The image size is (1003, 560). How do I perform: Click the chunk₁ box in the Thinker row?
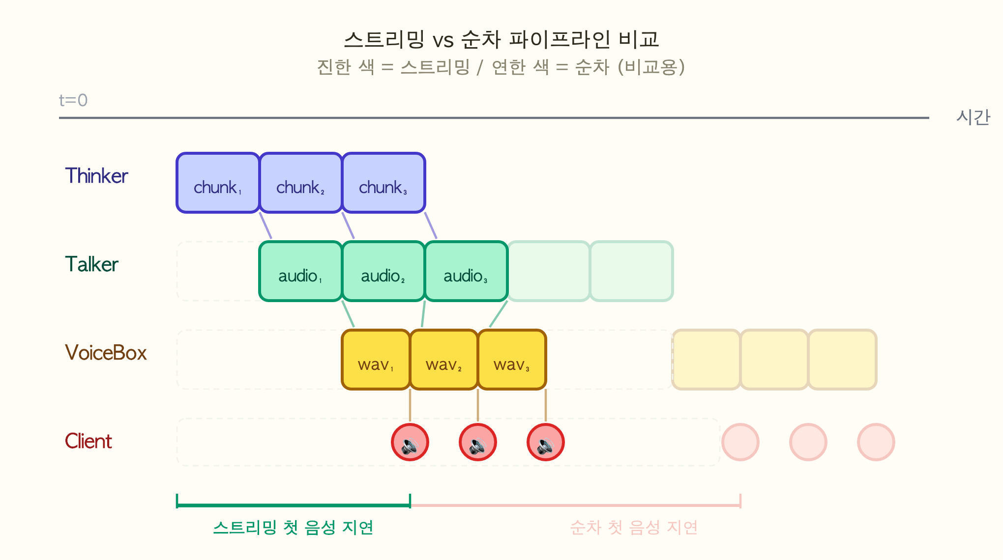point(218,183)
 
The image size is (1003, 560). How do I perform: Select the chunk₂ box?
point(300,183)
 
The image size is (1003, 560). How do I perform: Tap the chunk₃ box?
point(383,183)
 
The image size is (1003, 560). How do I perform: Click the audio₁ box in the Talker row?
point(300,271)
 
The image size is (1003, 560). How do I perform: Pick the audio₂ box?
point(383,271)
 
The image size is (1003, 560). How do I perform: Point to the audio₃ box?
point(466,271)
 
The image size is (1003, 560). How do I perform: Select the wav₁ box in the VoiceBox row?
point(376,360)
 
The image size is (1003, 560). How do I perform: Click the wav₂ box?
point(444,360)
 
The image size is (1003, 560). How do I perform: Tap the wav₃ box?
point(512,360)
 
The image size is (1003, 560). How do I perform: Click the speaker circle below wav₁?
point(410,442)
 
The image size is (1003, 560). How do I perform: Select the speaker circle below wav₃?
point(546,442)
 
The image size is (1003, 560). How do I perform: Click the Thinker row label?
point(96,176)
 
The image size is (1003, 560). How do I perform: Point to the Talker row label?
point(91,264)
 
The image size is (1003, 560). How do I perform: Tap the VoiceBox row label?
point(106,353)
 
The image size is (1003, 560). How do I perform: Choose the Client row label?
point(88,441)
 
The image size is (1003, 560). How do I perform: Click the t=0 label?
point(73,100)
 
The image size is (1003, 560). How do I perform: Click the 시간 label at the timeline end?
point(973,117)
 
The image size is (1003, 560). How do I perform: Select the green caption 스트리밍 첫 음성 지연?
point(294,528)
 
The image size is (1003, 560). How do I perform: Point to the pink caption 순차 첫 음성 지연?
point(634,528)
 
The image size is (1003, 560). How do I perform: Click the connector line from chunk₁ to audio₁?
point(265,225)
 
